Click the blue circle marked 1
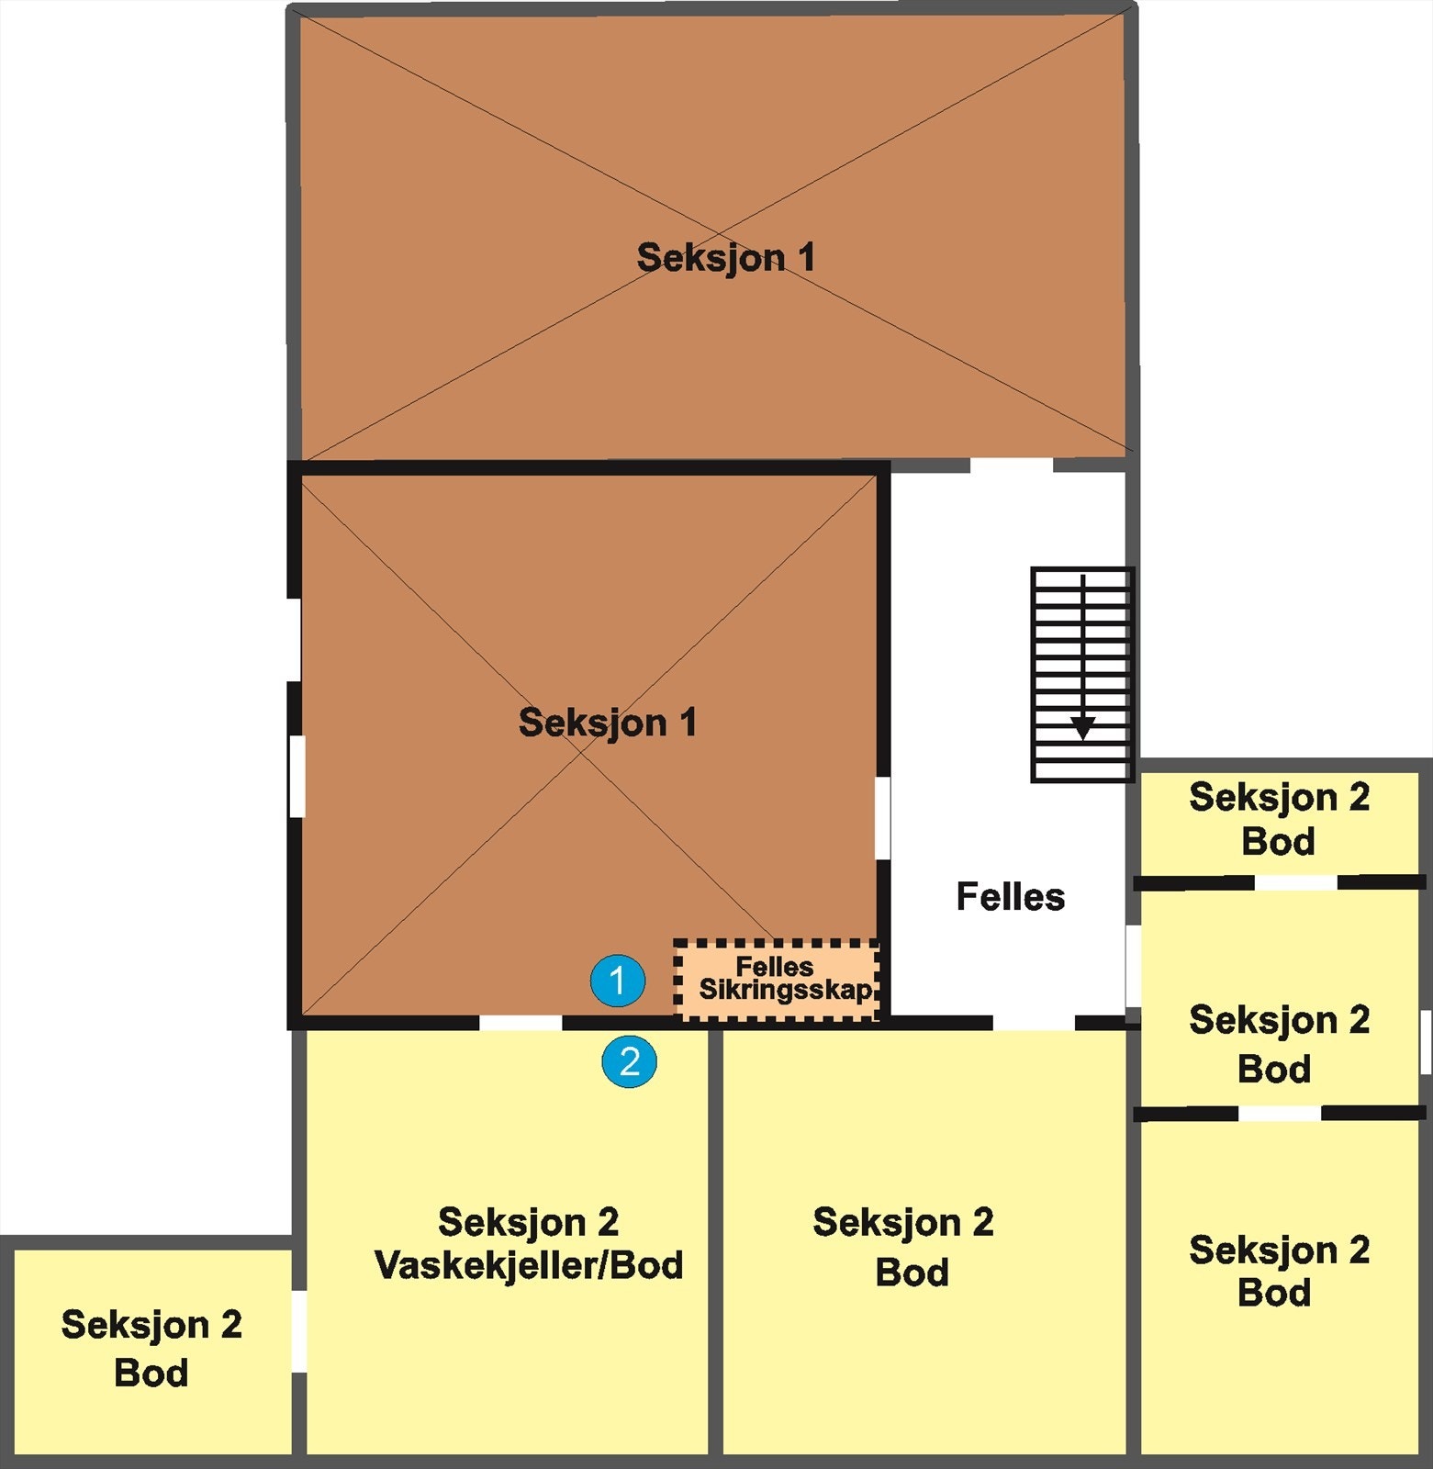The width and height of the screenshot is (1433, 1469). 617,981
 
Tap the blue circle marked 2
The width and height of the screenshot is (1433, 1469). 629,1061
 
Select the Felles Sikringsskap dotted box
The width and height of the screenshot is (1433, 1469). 778,980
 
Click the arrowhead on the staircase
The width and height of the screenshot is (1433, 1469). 1083,728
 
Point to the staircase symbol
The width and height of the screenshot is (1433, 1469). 1082,675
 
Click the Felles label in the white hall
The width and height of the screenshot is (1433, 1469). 1010,897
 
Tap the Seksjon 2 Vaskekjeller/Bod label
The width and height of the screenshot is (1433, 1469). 529,1244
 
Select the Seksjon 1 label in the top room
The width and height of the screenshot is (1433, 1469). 725,258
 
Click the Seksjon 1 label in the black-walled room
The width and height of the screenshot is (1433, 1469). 607,723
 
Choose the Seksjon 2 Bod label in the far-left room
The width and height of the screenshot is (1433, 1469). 151,1349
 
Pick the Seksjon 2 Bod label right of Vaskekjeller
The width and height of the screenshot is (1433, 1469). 903,1247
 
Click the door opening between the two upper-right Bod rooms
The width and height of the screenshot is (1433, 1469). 1295,882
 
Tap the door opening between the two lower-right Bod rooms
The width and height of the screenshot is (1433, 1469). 1280,1113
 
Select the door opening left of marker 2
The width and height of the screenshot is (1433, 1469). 521,1023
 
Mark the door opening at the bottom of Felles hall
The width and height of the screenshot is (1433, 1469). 1034,1023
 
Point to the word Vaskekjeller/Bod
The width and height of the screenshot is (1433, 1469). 529,1266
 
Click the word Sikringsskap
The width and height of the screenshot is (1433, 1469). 785,990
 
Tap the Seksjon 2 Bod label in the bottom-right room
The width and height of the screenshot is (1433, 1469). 1279,1272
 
